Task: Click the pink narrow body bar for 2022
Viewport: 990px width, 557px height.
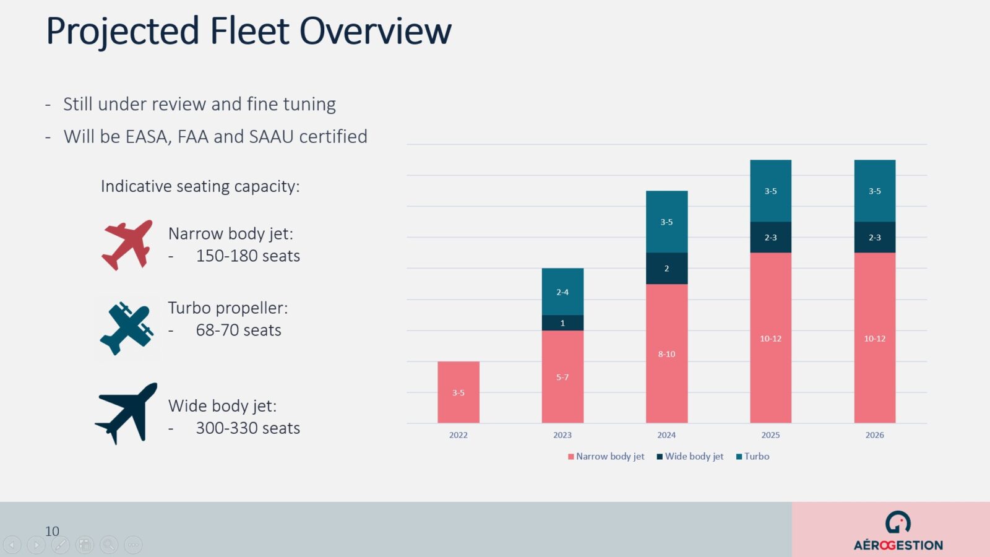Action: pyautogui.click(x=458, y=392)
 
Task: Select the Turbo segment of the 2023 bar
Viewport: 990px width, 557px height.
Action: pyautogui.click(x=562, y=291)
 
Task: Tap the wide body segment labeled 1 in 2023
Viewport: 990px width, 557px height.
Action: pyautogui.click(x=562, y=322)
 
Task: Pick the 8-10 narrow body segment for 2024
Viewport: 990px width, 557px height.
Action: pyautogui.click(x=666, y=353)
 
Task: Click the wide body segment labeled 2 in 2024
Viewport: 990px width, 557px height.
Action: pyautogui.click(x=666, y=268)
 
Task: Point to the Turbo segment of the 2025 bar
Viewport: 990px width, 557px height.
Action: pyautogui.click(x=770, y=191)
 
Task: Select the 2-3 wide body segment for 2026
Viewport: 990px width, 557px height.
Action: pyautogui.click(x=874, y=237)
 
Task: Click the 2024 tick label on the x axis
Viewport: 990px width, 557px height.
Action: pyautogui.click(x=666, y=435)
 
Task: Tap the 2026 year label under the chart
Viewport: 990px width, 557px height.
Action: pyautogui.click(x=874, y=435)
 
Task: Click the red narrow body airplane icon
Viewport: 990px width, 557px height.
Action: pyautogui.click(x=127, y=244)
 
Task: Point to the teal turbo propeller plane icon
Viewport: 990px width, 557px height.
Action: pyautogui.click(x=127, y=328)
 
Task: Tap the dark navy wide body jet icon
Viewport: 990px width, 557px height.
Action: pyautogui.click(x=127, y=413)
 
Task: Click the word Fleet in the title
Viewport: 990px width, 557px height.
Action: pyautogui.click(x=249, y=31)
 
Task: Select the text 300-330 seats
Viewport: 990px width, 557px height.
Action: pyautogui.click(x=247, y=428)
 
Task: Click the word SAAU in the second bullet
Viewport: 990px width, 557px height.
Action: pyautogui.click(x=271, y=136)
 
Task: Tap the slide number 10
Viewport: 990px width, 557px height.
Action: pyautogui.click(x=52, y=531)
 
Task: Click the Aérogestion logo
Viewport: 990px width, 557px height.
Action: pyautogui.click(x=898, y=531)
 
